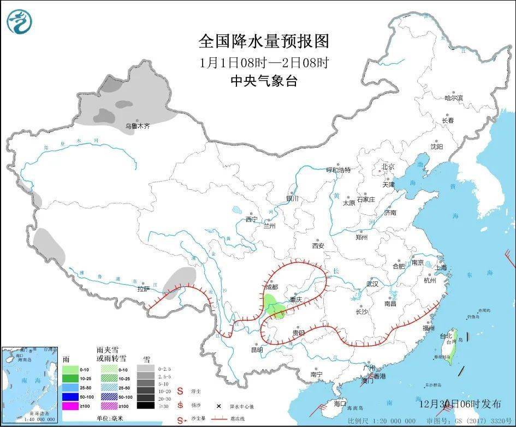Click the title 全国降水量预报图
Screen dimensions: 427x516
[264, 40]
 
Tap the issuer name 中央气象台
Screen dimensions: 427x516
[264, 81]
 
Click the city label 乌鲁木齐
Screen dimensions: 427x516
[137, 126]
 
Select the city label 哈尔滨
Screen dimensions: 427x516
[453, 98]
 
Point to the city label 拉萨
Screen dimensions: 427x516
[143, 290]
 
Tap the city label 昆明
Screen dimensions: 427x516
[257, 350]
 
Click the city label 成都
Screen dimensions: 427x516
[271, 287]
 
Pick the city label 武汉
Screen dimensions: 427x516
[372, 284]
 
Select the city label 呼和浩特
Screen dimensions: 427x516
[338, 170]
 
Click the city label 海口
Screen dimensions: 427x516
[340, 404]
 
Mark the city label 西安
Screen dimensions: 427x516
[318, 245]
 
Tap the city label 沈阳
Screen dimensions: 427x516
[437, 146]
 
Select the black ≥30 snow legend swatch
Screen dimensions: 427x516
[145, 405]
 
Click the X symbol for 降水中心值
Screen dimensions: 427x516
[218, 406]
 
